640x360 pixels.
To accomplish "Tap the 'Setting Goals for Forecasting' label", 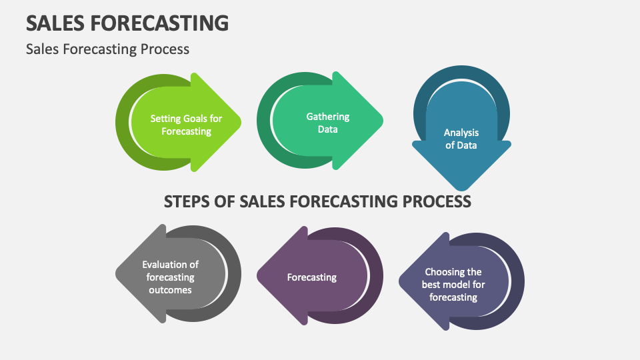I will tap(186, 125).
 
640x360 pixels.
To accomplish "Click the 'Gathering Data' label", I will tap(327, 123).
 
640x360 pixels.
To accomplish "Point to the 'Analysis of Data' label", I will tap(461, 139).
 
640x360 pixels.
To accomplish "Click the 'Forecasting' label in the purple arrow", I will tap(311, 277).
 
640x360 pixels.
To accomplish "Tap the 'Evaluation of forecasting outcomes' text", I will tap(170, 277).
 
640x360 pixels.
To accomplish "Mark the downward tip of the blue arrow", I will tap(461, 188).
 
